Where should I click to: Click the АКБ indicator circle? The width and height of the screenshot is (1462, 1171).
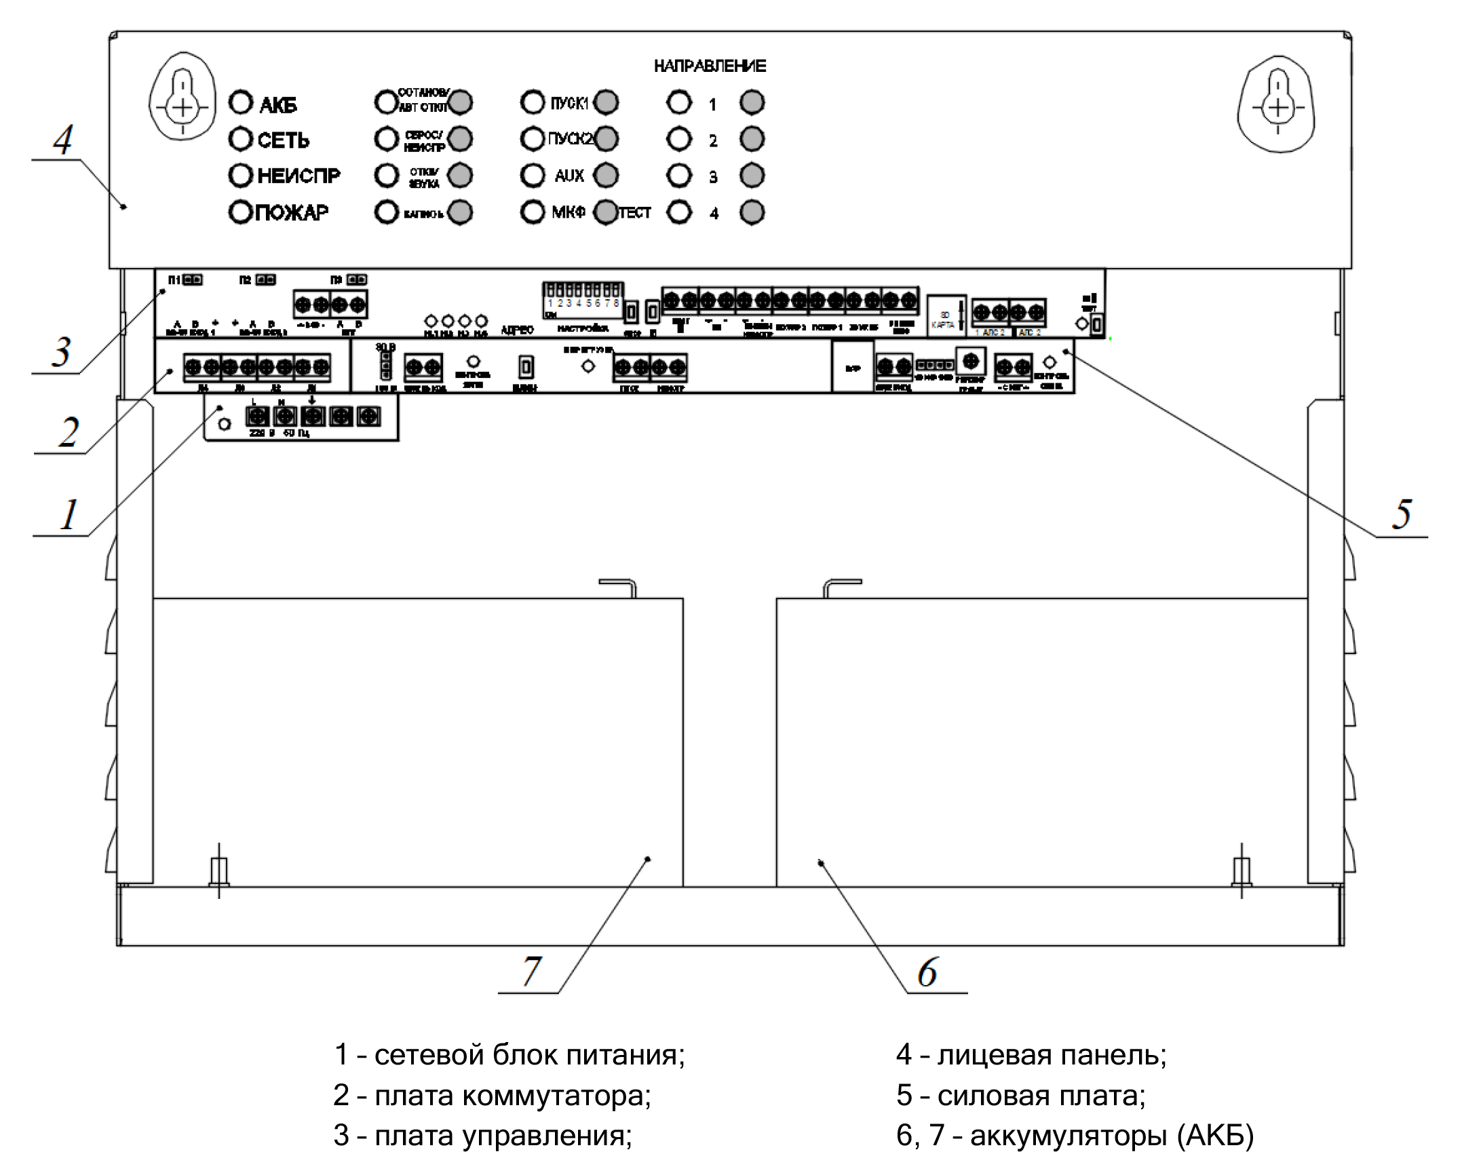pyautogui.click(x=241, y=103)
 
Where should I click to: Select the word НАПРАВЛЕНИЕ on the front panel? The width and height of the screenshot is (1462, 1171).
pyautogui.click(x=710, y=66)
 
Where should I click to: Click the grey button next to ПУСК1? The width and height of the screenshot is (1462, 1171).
pyautogui.click(x=606, y=102)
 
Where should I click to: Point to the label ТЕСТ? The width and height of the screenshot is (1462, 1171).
pyautogui.click(x=635, y=213)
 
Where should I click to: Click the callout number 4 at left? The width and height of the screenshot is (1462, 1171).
pyautogui.click(x=63, y=140)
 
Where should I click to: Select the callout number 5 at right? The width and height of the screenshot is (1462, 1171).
pyautogui.click(x=1402, y=514)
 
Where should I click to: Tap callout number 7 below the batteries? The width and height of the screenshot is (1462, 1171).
pyautogui.click(x=532, y=971)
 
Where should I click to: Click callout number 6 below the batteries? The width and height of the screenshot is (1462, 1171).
pyautogui.click(x=927, y=972)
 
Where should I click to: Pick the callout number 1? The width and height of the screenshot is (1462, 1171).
pyautogui.click(x=69, y=515)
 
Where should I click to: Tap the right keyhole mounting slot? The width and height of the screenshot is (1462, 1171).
pyautogui.click(x=1277, y=103)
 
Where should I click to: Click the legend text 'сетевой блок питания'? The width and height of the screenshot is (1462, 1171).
pyautogui.click(x=529, y=1055)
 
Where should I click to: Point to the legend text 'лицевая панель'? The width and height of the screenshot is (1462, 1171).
pyautogui.click(x=1052, y=1055)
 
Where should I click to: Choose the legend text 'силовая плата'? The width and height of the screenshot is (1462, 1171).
pyautogui.click(x=1041, y=1096)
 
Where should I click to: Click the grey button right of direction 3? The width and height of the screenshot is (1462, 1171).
pyautogui.click(x=752, y=176)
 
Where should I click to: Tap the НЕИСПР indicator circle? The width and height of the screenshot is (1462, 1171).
pyautogui.click(x=241, y=176)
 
